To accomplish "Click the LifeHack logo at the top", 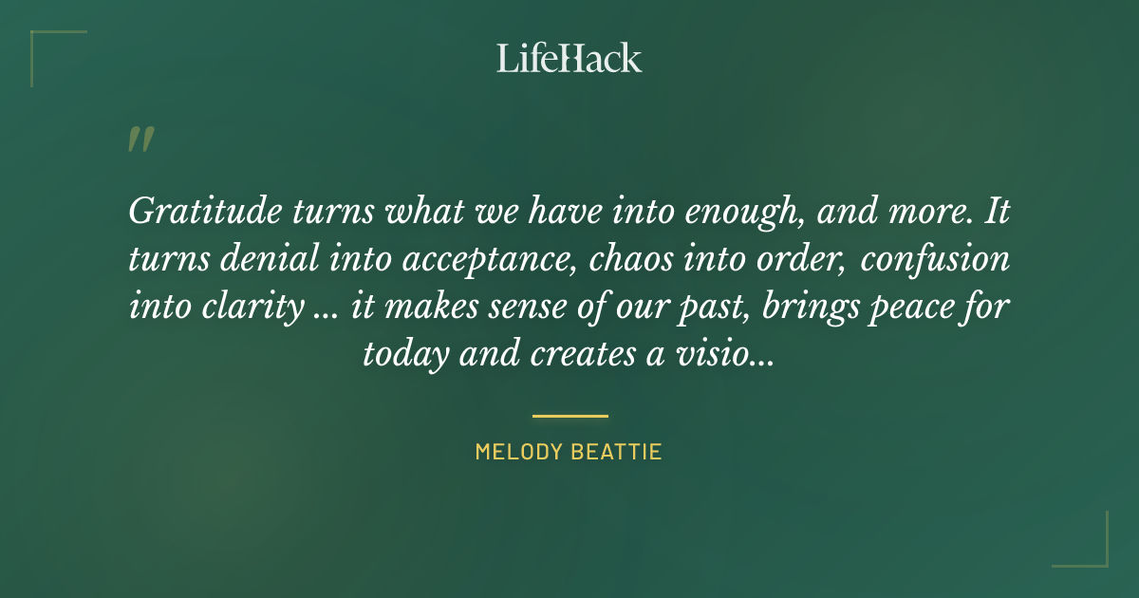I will point(569,58).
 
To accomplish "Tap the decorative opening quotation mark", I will point(140,140).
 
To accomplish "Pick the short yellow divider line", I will point(569,416).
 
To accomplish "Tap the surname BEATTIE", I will point(618,452).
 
